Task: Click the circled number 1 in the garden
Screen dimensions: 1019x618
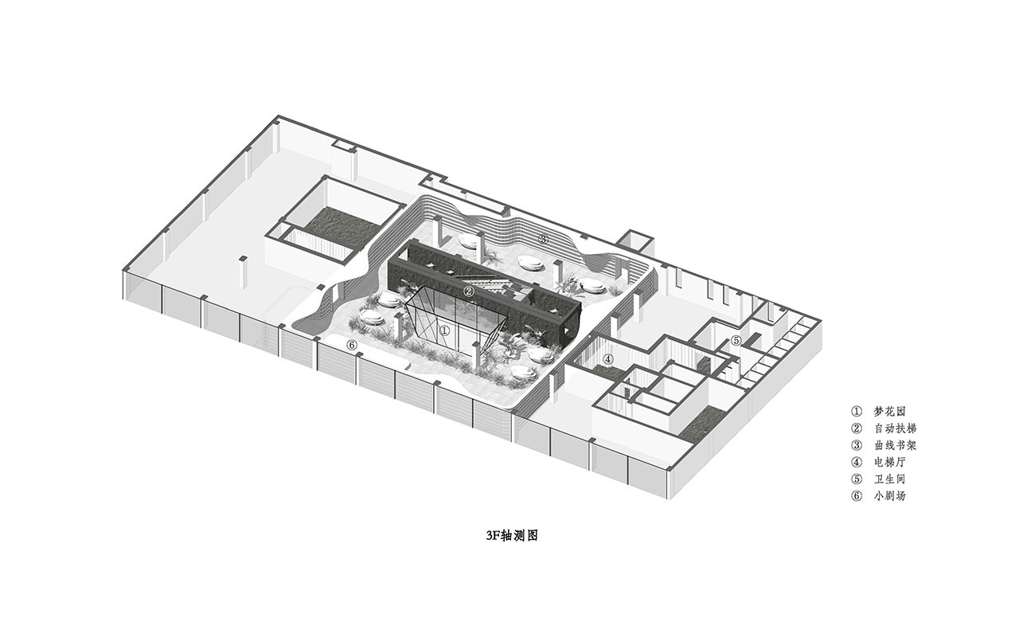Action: (445, 331)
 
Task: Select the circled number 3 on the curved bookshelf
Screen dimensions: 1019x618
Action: (543, 238)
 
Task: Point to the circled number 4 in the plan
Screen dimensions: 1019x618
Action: (608, 359)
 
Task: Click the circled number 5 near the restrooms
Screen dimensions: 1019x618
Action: (736, 340)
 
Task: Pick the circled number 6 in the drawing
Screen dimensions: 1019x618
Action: (352, 346)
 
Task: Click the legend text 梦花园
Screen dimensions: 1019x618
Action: (890, 412)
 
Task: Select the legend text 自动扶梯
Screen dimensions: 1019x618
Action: (896, 428)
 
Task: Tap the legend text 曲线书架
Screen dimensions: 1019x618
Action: (896, 445)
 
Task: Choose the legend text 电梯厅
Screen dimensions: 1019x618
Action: (890, 462)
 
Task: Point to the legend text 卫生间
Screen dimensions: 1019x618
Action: (890, 479)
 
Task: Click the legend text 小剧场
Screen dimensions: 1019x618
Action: (890, 495)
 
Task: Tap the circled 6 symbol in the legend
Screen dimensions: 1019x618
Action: (856, 495)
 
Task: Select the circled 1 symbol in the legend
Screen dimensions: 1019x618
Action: (856, 412)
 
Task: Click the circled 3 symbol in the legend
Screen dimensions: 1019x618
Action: (856, 445)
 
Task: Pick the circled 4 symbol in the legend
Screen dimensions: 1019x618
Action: (856, 462)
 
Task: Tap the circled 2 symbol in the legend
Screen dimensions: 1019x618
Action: (856, 428)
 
